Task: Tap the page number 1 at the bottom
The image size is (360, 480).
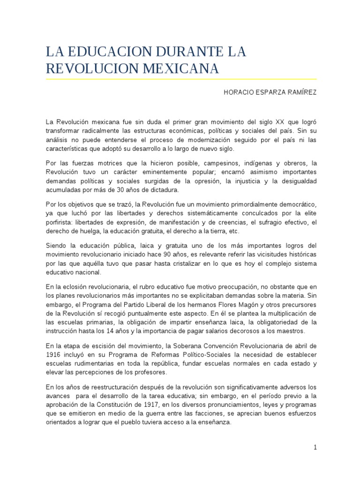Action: [315, 447]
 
